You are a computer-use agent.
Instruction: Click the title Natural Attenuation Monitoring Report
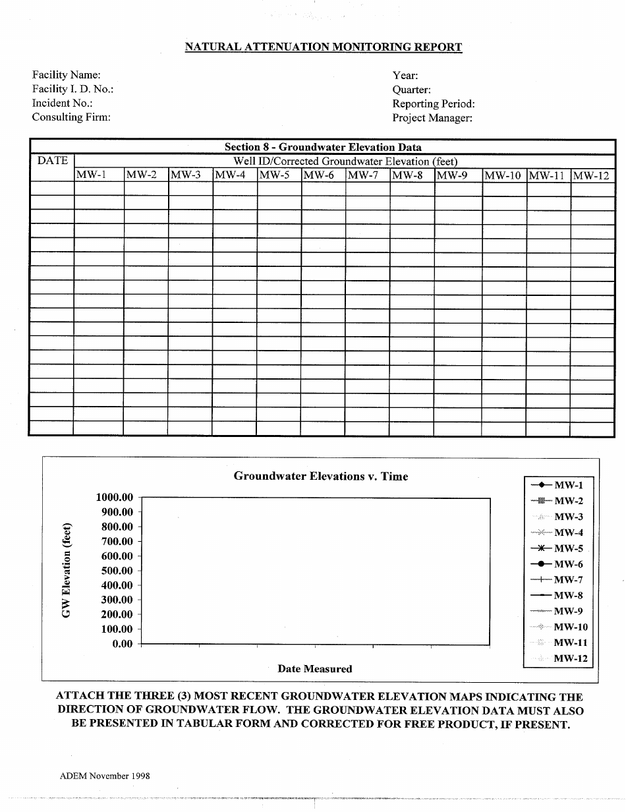coord(323,47)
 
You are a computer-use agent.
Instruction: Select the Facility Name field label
coord(66,75)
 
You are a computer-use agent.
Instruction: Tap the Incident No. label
coord(62,103)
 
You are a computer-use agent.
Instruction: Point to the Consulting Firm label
coord(71,117)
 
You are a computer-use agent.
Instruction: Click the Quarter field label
coord(411,90)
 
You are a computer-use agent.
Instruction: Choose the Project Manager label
coord(432,118)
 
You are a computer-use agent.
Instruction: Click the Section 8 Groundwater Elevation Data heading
coord(323,147)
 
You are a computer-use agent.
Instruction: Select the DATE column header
coord(52,160)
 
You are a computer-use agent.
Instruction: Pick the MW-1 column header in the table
coord(91,175)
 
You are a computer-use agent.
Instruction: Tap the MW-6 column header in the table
coord(319,175)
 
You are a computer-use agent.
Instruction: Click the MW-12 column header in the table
coord(591,175)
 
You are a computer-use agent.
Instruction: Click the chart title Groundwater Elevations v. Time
coord(321,476)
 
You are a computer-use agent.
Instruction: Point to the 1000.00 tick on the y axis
coord(115,498)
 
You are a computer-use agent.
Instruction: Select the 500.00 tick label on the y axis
coord(117,571)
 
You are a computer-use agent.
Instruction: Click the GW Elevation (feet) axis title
coord(66,570)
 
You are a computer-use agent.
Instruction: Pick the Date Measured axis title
coord(315,668)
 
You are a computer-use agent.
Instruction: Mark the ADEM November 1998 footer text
coord(105,776)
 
